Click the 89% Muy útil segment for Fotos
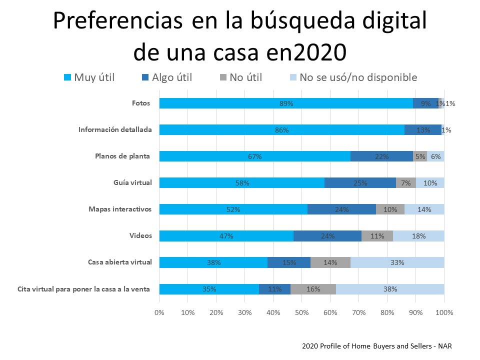286,103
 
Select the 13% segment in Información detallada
422,130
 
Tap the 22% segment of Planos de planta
381,156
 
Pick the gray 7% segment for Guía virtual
405,183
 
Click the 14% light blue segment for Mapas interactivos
424,209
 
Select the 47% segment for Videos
226,236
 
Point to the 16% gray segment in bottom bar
313,289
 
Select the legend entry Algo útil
167,77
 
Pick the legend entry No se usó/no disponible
353,77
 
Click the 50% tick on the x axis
302,312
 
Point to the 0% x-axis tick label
159,312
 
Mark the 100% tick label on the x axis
444,312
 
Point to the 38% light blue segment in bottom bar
390,289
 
